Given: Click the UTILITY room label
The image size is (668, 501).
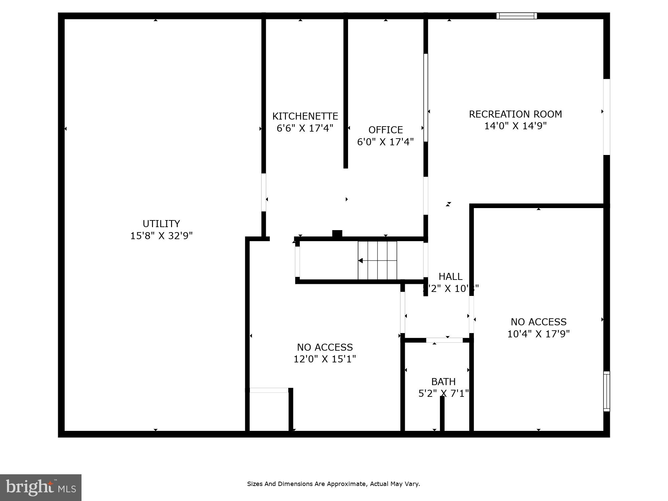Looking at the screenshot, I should click(x=161, y=223).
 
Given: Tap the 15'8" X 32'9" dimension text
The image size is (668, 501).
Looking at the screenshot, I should click(x=161, y=236).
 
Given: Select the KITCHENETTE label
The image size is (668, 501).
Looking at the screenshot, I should click(x=305, y=116).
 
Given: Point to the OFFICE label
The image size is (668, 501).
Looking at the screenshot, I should click(x=385, y=130).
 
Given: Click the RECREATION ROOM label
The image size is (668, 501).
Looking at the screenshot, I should click(x=515, y=114).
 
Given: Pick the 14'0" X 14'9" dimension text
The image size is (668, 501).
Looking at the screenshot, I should click(x=515, y=126).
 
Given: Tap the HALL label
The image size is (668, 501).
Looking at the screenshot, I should click(x=450, y=277).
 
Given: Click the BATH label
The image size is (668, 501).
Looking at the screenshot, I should click(x=443, y=381).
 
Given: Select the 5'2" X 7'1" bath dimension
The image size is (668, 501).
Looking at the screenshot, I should click(x=443, y=393).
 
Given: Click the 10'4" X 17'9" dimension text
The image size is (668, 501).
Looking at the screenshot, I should click(x=538, y=334).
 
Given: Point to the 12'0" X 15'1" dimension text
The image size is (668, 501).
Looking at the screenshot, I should click(x=325, y=359).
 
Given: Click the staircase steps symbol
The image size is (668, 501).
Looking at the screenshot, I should click(x=377, y=261).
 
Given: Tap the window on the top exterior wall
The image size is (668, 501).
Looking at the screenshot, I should click(x=516, y=16).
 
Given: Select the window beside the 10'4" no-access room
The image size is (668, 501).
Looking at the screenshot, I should click(x=607, y=391).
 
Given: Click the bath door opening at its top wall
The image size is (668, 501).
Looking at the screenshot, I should click(x=444, y=340).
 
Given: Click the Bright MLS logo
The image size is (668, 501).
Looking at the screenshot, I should click(x=40, y=487).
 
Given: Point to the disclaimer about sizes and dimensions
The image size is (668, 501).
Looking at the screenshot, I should click(x=333, y=484).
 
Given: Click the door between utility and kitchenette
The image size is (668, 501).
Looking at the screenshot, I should click(x=264, y=192).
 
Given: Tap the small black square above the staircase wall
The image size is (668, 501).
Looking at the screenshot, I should click(x=337, y=233).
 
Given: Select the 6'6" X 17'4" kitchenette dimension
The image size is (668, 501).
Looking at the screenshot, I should click(x=305, y=128).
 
